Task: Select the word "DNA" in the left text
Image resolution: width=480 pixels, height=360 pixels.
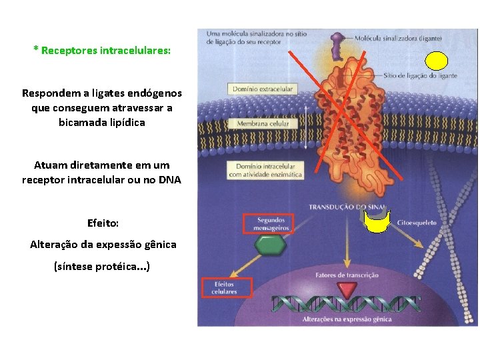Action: click(x=169, y=179)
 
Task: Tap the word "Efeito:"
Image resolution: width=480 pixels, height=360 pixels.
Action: click(x=103, y=222)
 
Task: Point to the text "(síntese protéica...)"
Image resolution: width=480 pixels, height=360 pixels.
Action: click(x=102, y=266)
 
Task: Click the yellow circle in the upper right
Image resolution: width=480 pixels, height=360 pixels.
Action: click(x=437, y=61)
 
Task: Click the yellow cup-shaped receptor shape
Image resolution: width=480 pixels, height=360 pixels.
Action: click(x=379, y=221)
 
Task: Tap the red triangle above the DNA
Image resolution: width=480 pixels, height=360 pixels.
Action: click(x=346, y=289)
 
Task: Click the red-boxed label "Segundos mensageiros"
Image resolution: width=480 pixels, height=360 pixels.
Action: click(x=266, y=224)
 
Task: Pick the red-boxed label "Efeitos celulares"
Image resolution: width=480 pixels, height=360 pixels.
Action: click(x=227, y=287)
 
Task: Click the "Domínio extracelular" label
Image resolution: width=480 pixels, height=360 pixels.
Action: click(x=263, y=89)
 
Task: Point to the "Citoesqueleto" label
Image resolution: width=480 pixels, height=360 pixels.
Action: click(x=417, y=223)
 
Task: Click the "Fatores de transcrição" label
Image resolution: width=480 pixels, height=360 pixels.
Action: click(x=347, y=275)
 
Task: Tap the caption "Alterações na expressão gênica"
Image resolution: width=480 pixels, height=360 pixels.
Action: click(x=347, y=319)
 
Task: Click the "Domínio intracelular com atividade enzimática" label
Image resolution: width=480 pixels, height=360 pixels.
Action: click(x=265, y=170)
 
